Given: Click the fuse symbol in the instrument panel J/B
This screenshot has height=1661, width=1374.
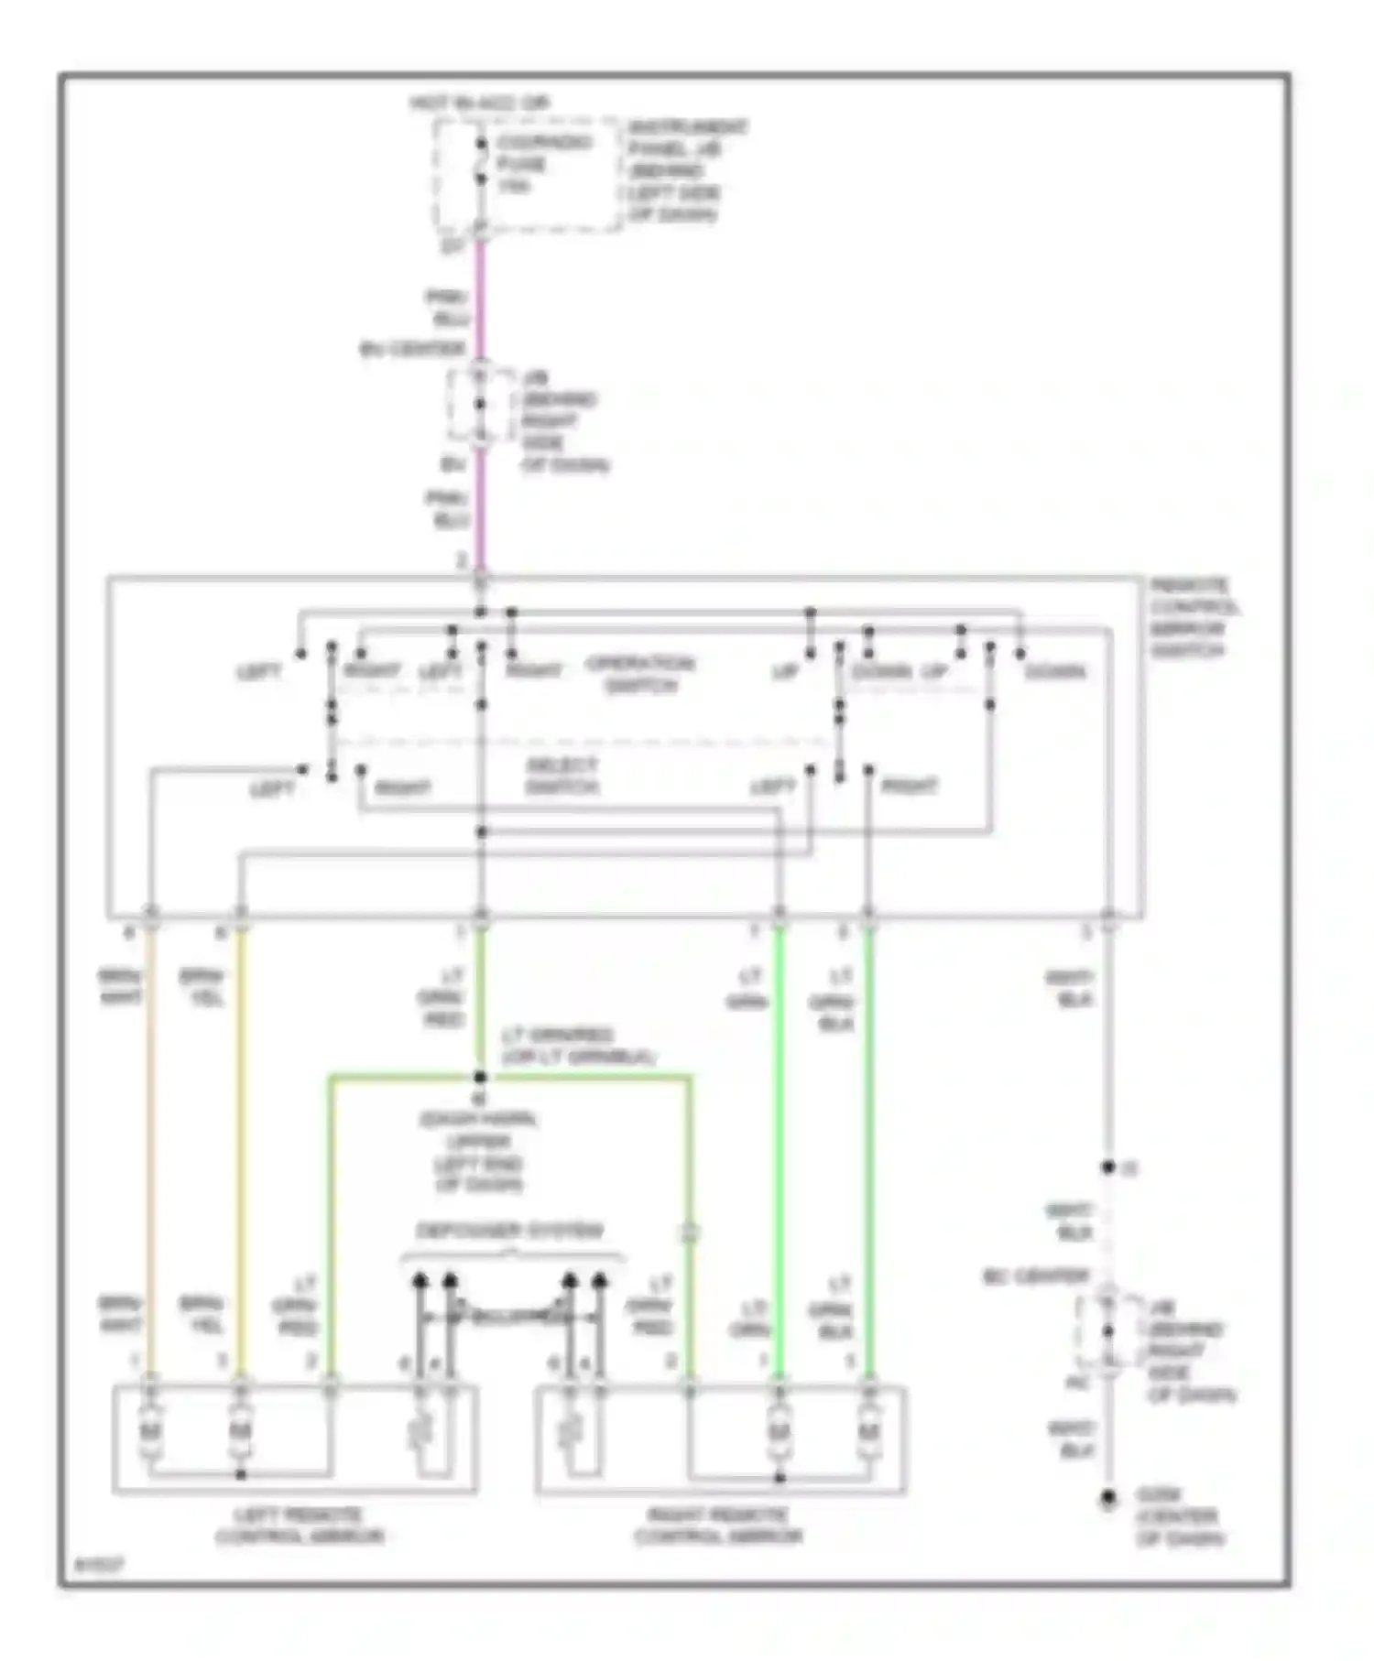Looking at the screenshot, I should (481, 165).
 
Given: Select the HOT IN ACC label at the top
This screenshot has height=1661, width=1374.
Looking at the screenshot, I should (480, 103).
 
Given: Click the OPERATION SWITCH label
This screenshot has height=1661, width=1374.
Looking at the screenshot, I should (640, 674).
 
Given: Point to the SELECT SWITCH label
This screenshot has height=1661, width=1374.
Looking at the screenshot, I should (562, 776).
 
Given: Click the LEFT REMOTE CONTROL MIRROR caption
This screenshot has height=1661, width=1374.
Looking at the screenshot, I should (300, 1526).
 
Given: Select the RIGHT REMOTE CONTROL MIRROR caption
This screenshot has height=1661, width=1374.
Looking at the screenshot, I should (718, 1526).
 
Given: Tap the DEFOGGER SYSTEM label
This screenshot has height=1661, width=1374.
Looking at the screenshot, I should (510, 1231).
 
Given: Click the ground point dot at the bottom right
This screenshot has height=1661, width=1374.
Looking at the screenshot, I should (1108, 1499).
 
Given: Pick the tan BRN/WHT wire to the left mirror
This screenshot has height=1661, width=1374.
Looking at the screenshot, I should (151, 1145).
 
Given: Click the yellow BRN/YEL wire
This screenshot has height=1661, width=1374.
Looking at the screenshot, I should (240, 1145).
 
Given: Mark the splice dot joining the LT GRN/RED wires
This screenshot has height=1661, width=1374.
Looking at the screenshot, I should (480, 1077).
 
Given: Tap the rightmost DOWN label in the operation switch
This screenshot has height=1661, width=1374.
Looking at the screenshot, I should (1054, 672).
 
